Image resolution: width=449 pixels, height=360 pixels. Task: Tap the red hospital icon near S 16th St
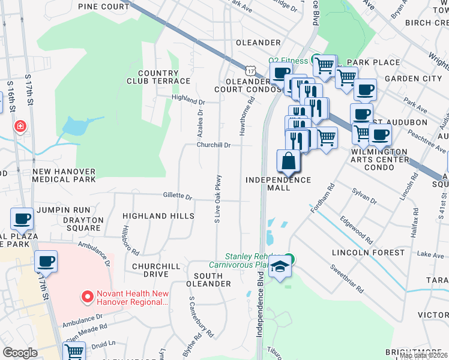pyautogui.click(x=20, y=126)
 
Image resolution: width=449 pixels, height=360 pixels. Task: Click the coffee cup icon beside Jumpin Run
pyautogui.click(x=22, y=220)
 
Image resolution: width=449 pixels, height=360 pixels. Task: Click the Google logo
pyautogui.click(x=20, y=352)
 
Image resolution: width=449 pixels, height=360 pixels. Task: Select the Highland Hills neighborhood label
pyautogui.click(x=158, y=215)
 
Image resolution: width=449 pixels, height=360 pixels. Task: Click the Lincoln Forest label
pyautogui.click(x=369, y=253)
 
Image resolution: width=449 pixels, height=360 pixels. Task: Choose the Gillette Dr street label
pyautogui.click(x=177, y=196)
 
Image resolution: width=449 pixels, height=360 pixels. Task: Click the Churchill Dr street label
pyautogui.click(x=214, y=145)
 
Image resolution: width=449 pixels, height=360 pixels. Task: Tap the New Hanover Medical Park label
pyautogui.click(x=64, y=175)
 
